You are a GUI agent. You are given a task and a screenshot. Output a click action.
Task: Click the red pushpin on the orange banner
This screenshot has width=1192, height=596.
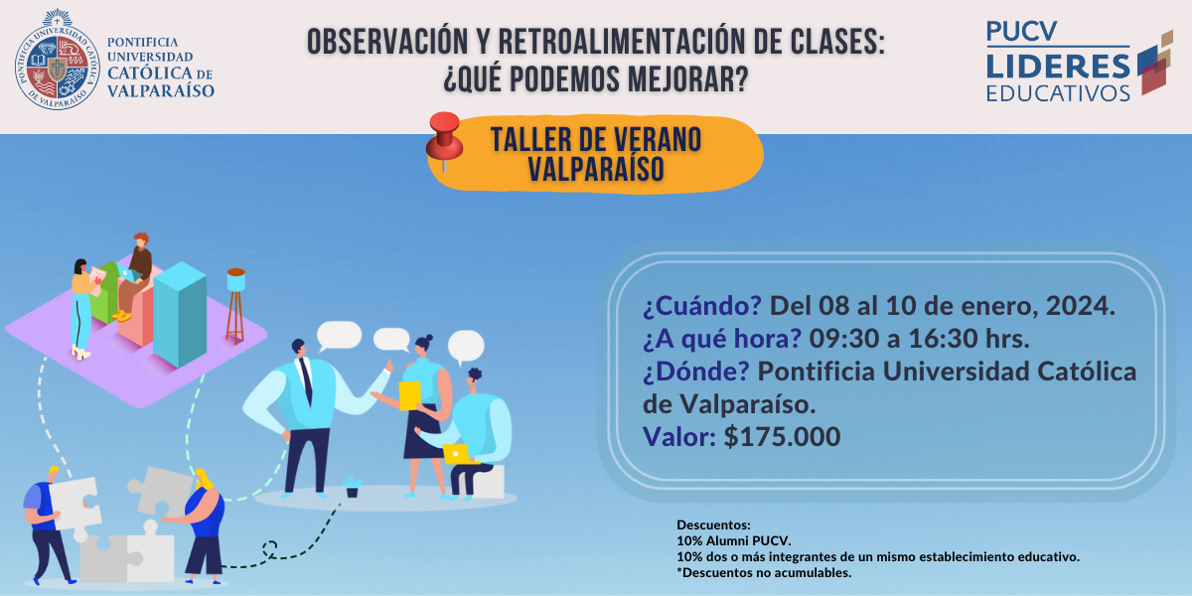point(445,140)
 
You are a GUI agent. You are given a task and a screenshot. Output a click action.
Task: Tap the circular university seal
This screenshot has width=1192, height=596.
point(58,61)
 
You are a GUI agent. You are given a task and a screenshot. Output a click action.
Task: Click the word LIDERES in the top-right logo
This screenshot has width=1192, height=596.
point(1058,66)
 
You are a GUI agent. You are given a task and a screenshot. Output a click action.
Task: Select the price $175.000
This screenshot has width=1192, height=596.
point(782,437)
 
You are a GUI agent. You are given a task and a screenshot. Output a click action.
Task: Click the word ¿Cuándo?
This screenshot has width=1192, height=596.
point(702,306)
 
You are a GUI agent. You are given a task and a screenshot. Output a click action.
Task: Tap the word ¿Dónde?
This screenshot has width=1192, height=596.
point(696,372)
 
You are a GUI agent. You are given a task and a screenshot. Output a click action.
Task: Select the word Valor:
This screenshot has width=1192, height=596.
point(679,437)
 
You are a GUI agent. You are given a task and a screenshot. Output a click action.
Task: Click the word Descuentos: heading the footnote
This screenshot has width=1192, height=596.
point(713,525)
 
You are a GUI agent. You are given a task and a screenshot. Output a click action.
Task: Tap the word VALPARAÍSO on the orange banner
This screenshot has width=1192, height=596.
point(596,170)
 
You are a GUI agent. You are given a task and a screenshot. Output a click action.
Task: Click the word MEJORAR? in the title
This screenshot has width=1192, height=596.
point(688,79)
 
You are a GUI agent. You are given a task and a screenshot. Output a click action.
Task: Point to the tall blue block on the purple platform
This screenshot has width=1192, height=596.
point(180,314)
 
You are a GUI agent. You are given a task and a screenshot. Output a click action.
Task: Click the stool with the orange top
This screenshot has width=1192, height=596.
point(235,306)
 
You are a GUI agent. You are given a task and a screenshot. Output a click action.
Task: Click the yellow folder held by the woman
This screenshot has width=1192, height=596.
point(409,396)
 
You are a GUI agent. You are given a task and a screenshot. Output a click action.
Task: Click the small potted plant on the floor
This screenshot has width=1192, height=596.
point(352,487)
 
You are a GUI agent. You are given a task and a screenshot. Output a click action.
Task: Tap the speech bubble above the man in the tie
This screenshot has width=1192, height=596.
point(339,336)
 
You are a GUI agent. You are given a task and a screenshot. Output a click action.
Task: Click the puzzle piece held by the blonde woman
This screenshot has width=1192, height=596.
point(160,491)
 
